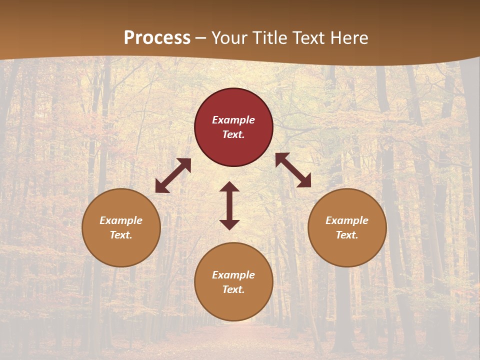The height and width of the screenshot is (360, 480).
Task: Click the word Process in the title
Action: [157, 38]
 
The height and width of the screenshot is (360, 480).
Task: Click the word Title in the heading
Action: [269, 38]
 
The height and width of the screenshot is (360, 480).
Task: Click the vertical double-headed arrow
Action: [229, 205]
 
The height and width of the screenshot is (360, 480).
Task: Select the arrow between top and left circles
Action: [173, 175]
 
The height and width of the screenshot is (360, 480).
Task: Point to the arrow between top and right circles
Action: [293, 170]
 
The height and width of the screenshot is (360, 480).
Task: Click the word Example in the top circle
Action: [233, 120]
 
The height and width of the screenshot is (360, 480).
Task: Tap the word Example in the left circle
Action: [121, 220]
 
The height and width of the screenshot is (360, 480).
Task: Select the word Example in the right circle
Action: [347, 220]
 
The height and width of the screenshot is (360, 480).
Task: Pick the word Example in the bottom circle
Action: [233, 275]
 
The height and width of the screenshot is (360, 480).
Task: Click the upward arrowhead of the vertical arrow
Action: [229, 186]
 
